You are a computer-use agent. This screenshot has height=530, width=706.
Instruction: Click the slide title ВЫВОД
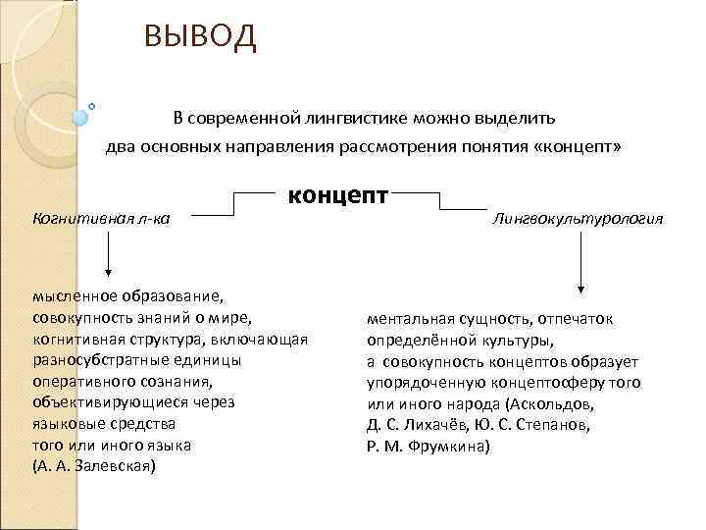(x=199, y=37)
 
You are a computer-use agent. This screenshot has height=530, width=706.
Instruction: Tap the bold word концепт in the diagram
(x=337, y=194)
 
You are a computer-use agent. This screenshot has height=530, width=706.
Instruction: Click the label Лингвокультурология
(x=579, y=218)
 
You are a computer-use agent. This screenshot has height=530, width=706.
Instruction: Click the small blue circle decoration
(x=80, y=117)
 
